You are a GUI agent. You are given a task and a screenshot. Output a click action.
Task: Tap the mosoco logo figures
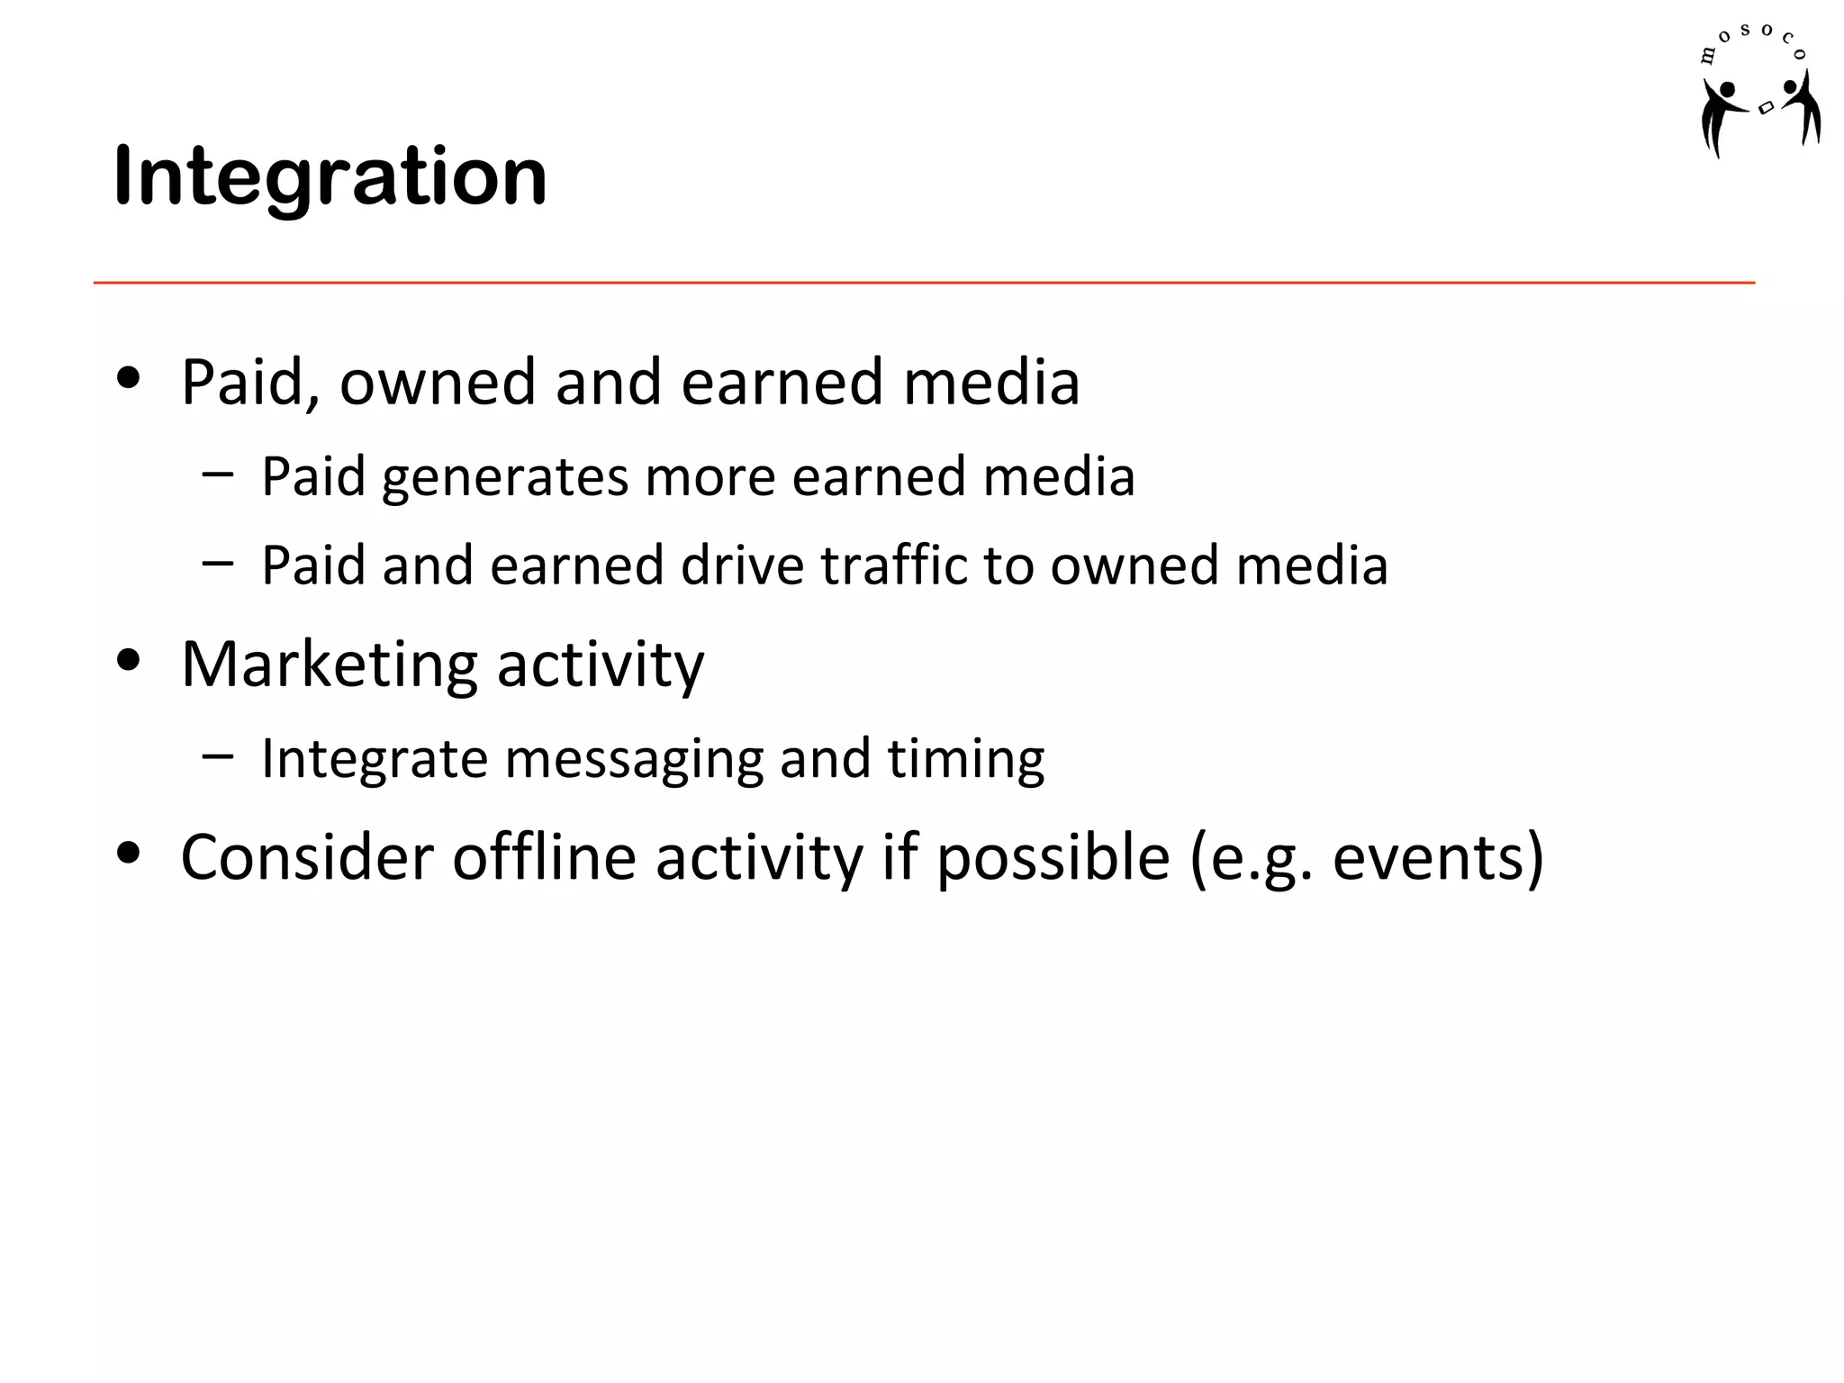(x=1759, y=113)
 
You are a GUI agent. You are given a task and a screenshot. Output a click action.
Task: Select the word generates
(x=504, y=476)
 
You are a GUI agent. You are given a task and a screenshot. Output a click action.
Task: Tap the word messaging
(x=634, y=758)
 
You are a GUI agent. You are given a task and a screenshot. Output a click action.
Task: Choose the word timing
(x=965, y=758)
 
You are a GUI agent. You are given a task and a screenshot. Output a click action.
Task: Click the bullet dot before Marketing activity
(x=129, y=660)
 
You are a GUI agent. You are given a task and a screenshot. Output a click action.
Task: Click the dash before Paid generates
(x=217, y=473)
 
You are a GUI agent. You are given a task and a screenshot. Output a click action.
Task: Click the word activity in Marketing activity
(x=600, y=664)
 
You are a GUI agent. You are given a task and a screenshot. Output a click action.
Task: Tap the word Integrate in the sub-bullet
(x=375, y=758)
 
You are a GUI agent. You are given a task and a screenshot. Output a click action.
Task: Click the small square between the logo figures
(x=1766, y=108)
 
